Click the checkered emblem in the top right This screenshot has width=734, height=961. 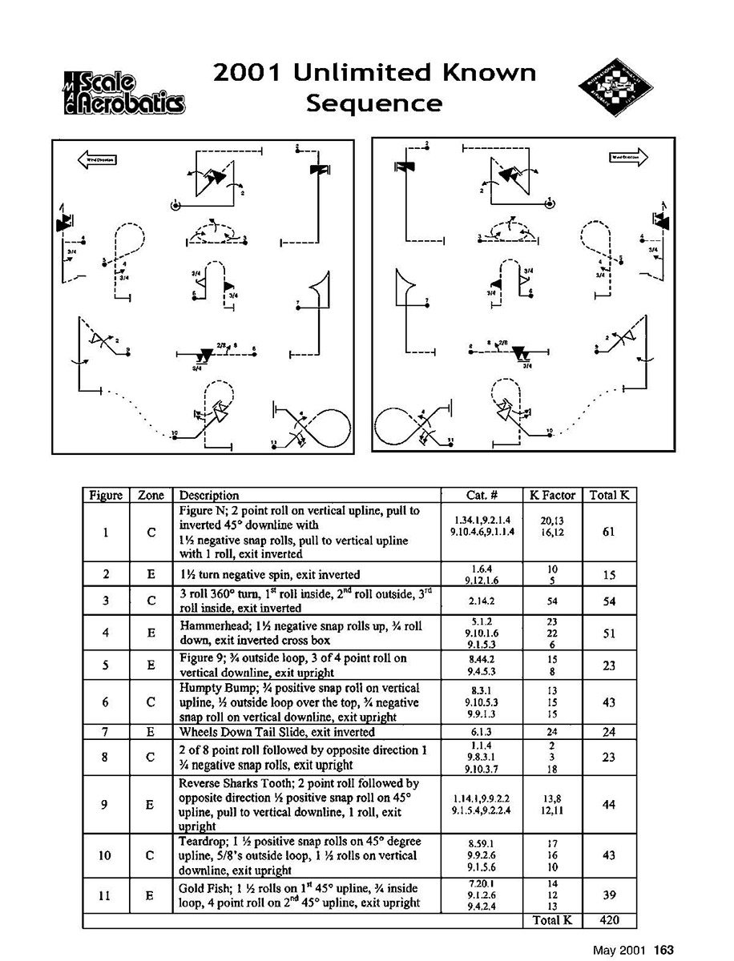click(611, 90)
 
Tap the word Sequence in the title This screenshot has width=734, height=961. click(375, 103)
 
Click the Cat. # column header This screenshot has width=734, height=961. click(482, 495)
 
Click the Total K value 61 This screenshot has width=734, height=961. click(608, 532)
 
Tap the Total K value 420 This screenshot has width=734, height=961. click(608, 920)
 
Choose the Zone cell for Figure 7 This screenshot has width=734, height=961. click(151, 732)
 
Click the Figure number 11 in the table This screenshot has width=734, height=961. click(105, 896)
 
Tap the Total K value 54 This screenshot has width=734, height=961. click(608, 601)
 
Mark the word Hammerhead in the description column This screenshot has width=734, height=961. click(209, 627)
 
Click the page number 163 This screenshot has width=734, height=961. click(663, 950)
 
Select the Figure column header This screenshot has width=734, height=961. click(105, 495)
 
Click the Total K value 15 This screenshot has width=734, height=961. click(608, 574)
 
